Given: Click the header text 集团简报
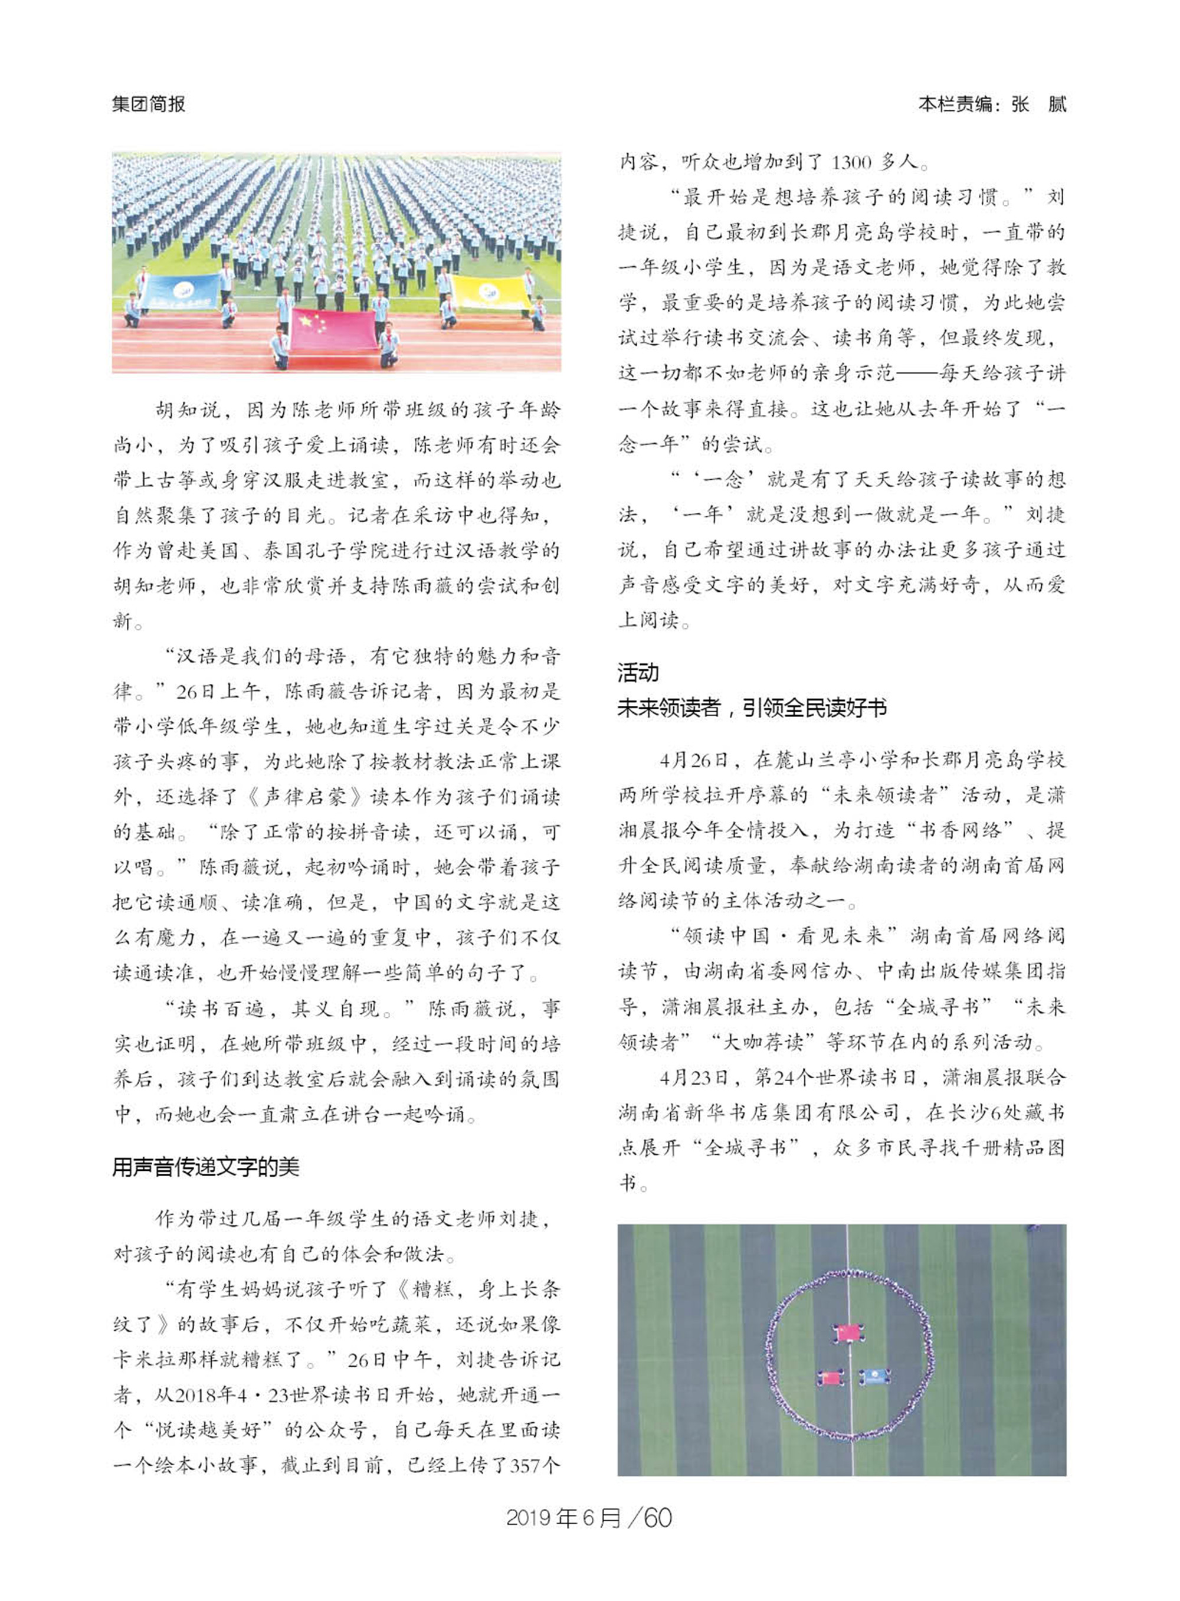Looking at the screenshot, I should (x=148, y=104).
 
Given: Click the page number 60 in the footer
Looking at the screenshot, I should (x=658, y=1517).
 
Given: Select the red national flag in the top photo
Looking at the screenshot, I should (x=333, y=329).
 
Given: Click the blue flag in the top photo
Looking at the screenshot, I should (x=180, y=292).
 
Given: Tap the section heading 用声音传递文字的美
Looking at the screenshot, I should (x=206, y=1167).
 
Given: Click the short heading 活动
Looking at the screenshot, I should (x=638, y=672).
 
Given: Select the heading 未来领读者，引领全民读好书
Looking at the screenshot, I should (x=752, y=708).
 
